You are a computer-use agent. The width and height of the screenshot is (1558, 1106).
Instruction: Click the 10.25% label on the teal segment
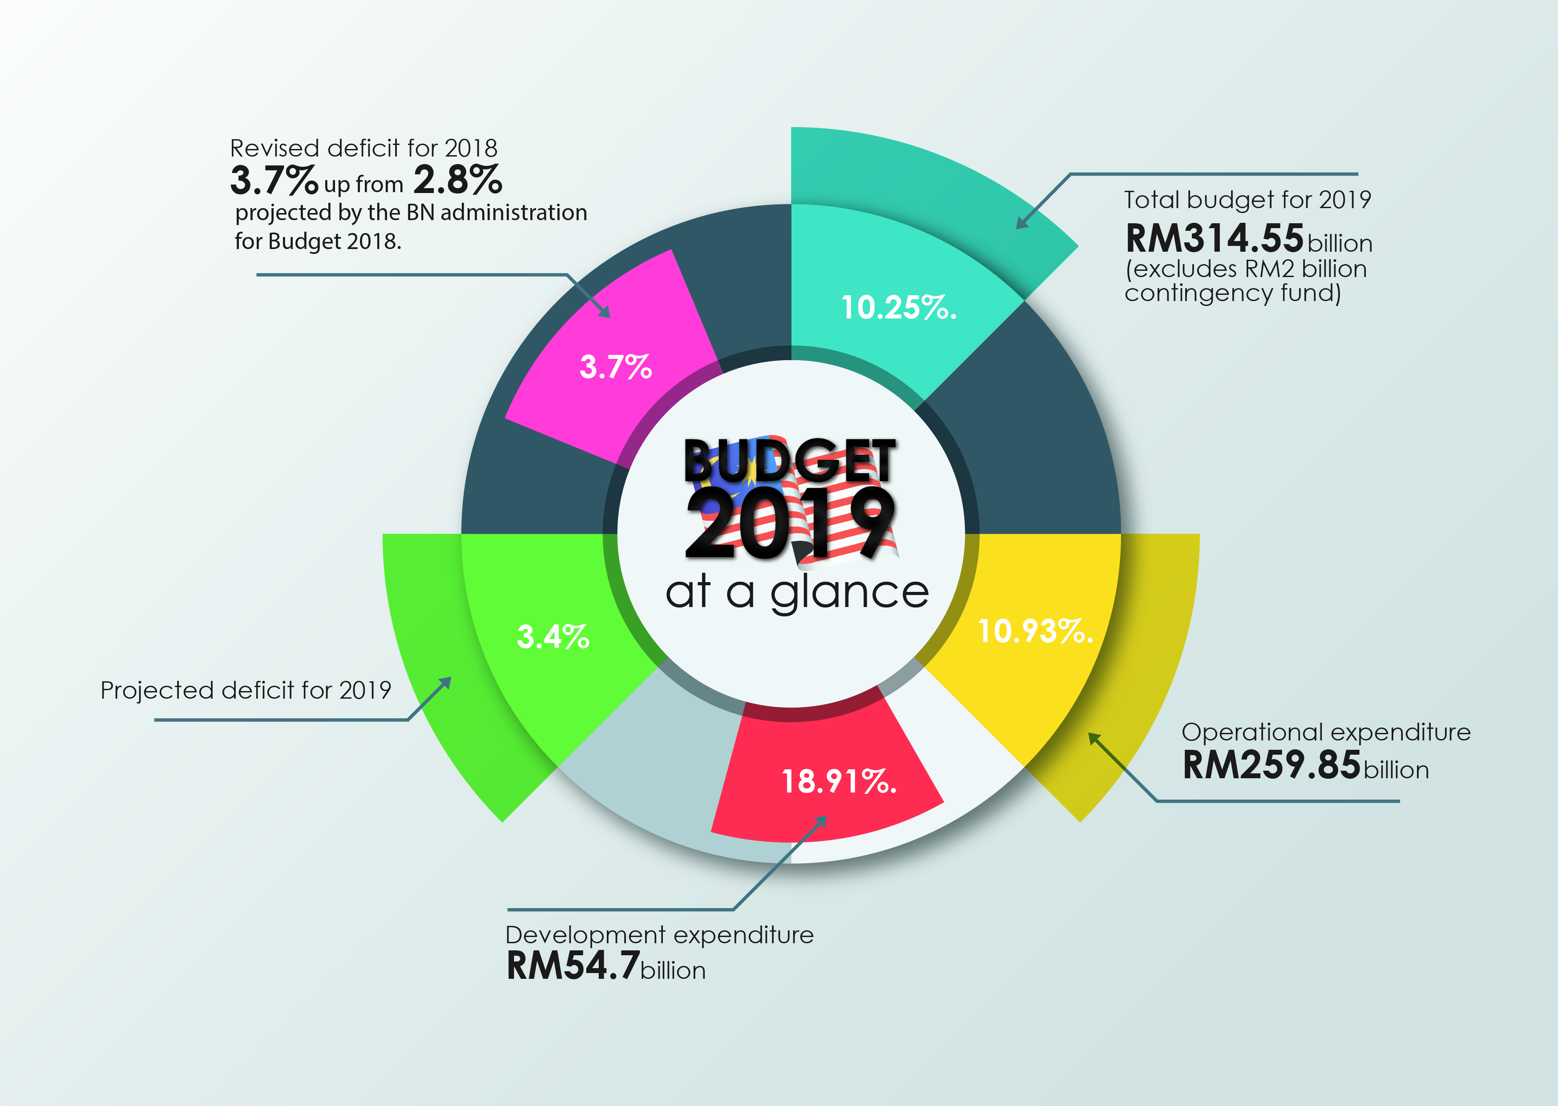(898, 308)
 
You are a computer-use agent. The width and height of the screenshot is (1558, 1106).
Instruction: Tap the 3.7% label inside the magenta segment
(615, 367)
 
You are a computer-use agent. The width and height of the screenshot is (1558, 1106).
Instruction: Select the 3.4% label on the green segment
(553, 637)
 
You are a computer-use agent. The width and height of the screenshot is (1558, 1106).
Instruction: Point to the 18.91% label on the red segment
(838, 781)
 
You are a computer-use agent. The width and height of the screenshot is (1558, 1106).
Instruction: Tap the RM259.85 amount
(1271, 765)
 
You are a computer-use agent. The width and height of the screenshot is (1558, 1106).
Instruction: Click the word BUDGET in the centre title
(790, 461)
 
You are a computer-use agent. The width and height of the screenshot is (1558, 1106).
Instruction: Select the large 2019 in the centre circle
(790, 524)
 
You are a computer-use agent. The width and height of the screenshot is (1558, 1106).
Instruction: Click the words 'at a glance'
(797, 592)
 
